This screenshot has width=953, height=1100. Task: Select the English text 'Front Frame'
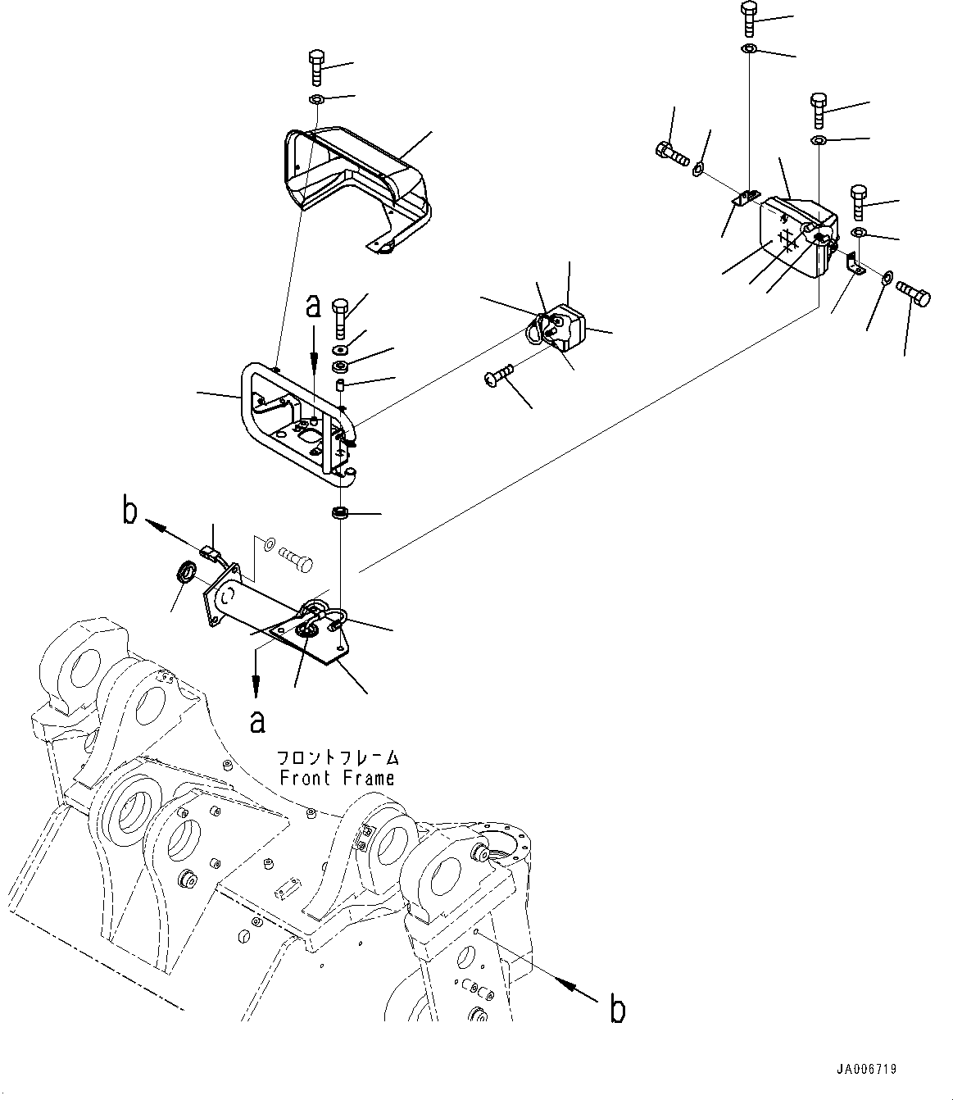(337, 778)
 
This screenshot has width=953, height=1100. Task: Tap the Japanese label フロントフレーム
(338, 757)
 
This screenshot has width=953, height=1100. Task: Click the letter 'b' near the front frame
(618, 1009)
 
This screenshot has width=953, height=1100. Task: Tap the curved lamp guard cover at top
(352, 180)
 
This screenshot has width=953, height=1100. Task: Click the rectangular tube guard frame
(295, 418)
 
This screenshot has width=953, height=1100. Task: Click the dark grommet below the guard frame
(339, 514)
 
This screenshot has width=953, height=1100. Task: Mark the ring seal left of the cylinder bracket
(186, 570)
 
